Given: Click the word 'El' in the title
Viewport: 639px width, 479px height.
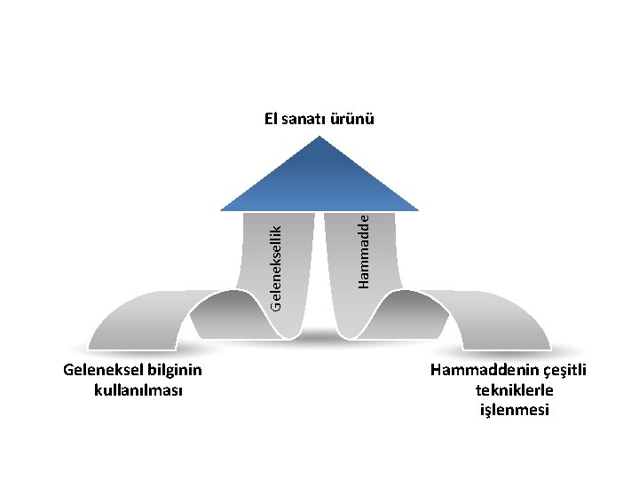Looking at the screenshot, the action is [x=272, y=118].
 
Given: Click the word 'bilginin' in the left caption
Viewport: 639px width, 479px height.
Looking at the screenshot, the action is [x=172, y=371].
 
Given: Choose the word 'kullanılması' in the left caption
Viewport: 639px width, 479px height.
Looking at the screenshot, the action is [x=138, y=390].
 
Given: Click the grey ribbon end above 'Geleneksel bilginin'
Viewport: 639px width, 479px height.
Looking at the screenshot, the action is [x=133, y=324].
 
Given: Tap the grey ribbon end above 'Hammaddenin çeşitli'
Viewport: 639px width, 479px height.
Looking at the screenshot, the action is [x=506, y=324].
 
